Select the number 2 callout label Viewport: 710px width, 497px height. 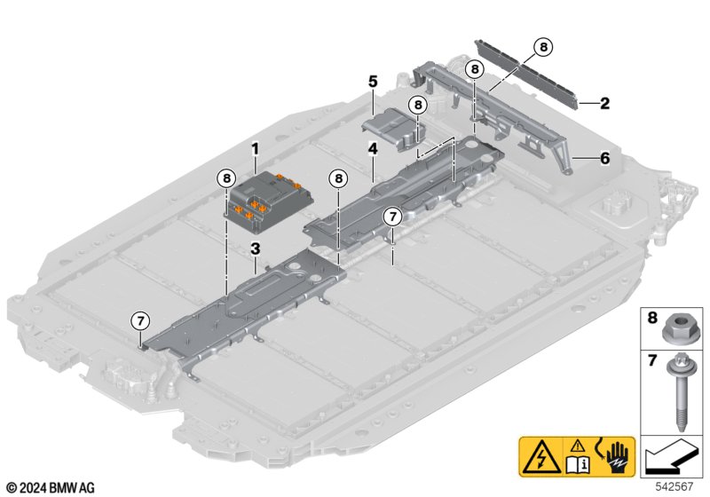[604, 103]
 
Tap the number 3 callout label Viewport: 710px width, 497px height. [255, 248]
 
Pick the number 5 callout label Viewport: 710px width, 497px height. [374, 82]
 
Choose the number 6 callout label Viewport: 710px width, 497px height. [604, 158]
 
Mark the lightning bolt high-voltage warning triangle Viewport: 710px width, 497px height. [539, 458]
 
